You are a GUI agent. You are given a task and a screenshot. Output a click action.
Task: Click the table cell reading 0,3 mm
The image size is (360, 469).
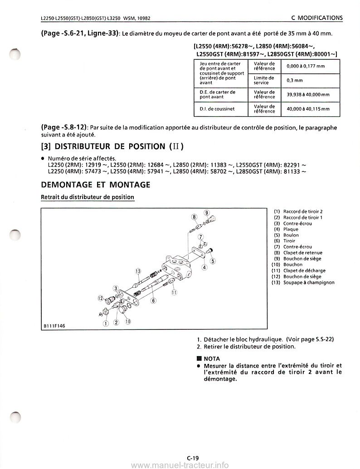coord(290,80)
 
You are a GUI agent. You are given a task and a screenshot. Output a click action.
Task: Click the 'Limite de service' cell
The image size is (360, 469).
coord(264,80)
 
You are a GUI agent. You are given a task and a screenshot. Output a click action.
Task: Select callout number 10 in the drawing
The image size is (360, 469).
coord(128,322)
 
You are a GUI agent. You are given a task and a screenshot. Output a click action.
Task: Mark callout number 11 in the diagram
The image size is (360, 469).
coord(174,293)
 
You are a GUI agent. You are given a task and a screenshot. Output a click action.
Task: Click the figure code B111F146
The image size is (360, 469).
coord(54,325)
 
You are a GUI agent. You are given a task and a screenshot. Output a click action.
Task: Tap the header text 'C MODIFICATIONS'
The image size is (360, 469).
coord(316,18)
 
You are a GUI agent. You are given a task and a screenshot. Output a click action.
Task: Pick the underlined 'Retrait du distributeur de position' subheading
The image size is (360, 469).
coord(88,197)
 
